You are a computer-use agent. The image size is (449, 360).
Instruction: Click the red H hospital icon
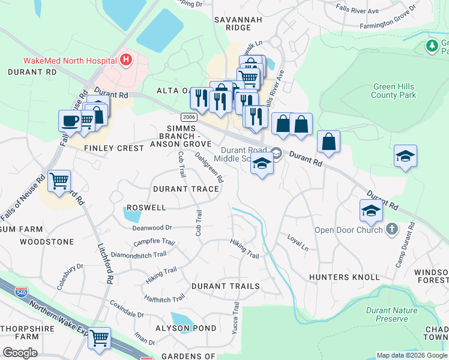pos(125,59)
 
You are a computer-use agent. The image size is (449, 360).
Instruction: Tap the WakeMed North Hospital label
pos(70,60)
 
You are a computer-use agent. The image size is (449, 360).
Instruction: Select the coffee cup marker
pos(70,120)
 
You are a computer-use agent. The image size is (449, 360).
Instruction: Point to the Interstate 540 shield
pos(22,293)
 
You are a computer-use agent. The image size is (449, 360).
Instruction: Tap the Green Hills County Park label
pos(393,91)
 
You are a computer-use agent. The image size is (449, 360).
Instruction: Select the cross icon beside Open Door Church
pos(391,229)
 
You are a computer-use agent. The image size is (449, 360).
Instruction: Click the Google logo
pos(20,353)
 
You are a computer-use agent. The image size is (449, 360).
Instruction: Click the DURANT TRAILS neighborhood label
pos(225,286)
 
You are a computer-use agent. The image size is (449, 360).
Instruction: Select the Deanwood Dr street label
pos(152,227)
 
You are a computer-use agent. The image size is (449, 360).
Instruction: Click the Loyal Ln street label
pos(297,242)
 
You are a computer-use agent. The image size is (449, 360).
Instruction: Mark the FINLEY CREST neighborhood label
pos(114,148)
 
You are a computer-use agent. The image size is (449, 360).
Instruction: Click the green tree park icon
pos(431,46)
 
